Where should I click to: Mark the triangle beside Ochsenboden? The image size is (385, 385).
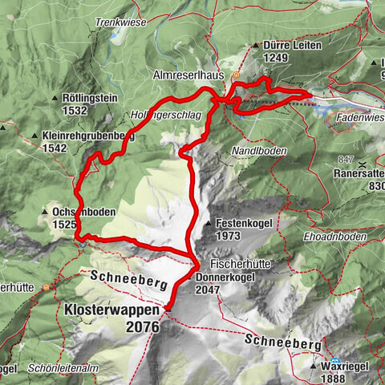pos(44,212)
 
